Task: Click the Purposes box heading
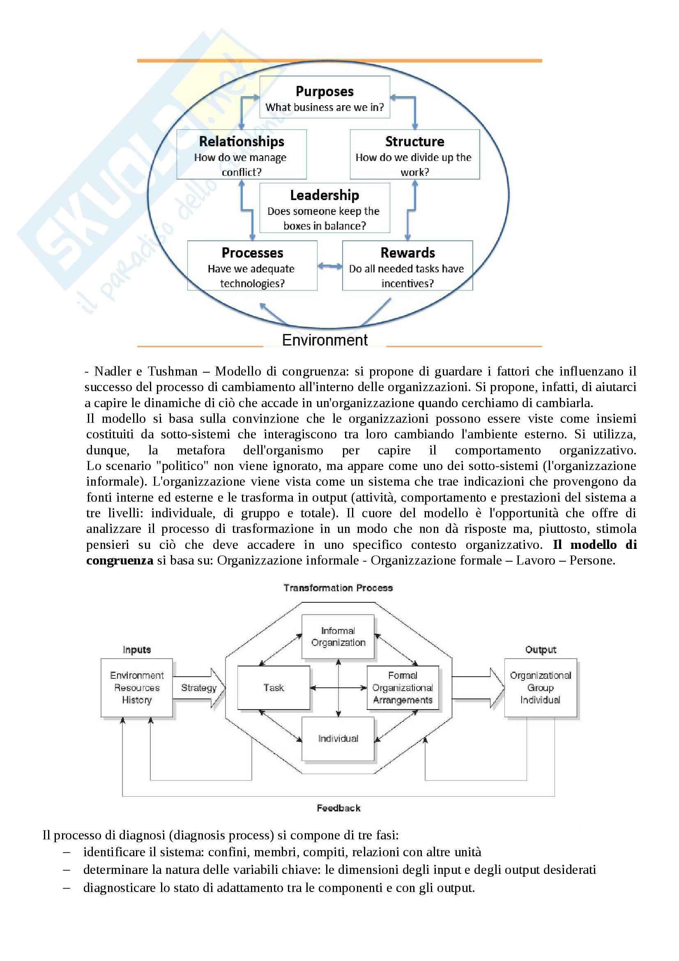(x=325, y=92)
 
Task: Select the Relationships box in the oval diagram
(x=242, y=154)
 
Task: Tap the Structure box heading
(x=414, y=142)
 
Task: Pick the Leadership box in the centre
(x=325, y=208)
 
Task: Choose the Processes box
(x=252, y=265)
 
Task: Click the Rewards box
(x=407, y=265)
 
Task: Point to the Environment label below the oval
(x=325, y=340)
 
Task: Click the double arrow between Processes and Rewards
(x=330, y=266)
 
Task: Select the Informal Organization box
(x=338, y=636)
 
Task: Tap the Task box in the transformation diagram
(x=274, y=688)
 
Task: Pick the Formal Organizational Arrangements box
(x=403, y=688)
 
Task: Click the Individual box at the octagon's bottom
(x=338, y=739)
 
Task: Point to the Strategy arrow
(x=199, y=688)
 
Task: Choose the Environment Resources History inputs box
(x=137, y=688)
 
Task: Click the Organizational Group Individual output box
(x=540, y=688)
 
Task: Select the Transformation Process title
(x=338, y=588)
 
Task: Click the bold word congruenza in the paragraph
(x=120, y=560)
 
